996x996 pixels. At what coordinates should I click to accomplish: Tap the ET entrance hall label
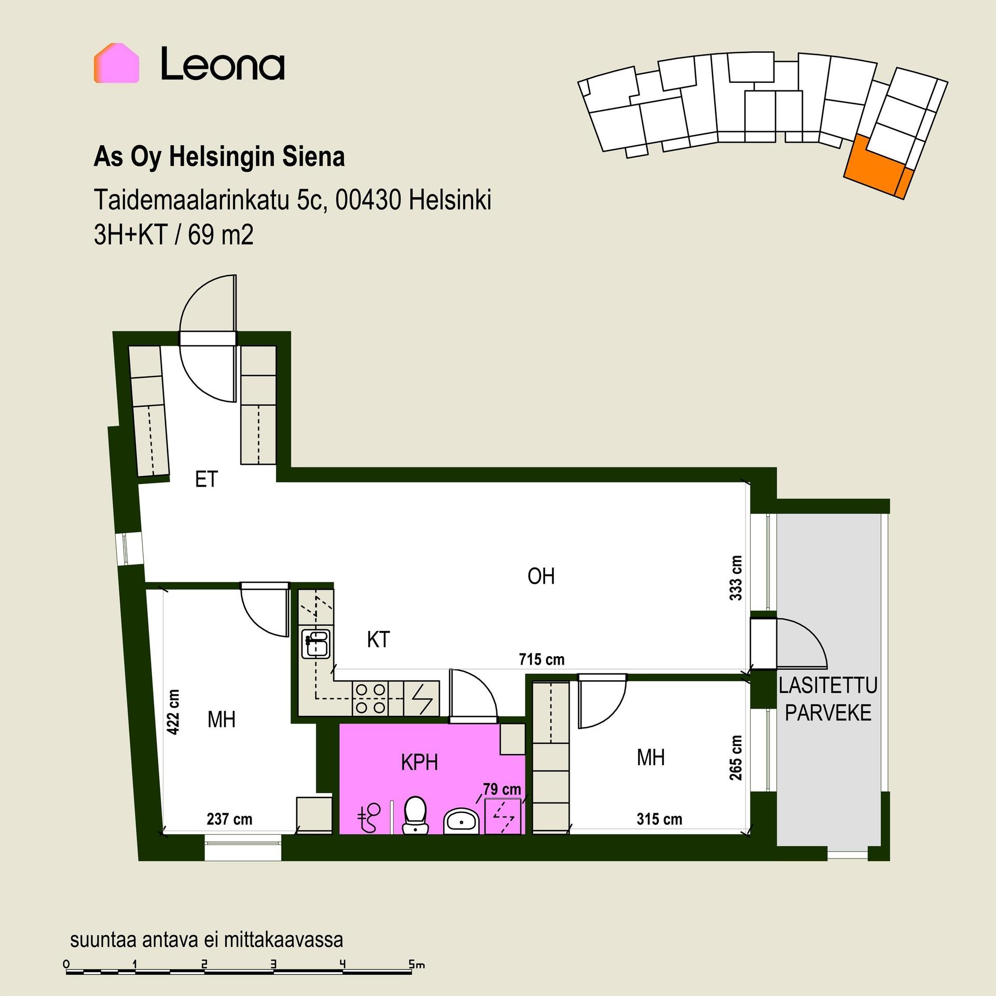click(x=206, y=480)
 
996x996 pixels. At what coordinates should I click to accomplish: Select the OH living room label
click(x=541, y=576)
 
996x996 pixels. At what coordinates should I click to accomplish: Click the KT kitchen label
click(x=378, y=640)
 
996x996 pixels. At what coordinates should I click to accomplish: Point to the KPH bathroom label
click(x=420, y=763)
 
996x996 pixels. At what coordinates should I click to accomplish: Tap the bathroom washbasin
click(x=461, y=821)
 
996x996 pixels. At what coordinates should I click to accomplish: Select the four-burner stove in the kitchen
click(x=370, y=699)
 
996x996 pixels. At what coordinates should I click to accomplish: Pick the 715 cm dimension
click(x=542, y=659)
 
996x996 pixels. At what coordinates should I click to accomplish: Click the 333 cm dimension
click(x=736, y=578)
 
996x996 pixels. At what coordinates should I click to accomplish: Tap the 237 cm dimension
click(x=229, y=819)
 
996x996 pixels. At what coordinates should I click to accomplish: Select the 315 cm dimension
click(x=659, y=819)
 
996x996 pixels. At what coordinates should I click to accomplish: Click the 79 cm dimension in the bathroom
click(x=502, y=789)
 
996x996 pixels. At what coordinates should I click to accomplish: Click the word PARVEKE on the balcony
click(x=828, y=713)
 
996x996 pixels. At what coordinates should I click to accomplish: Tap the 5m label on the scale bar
click(x=417, y=965)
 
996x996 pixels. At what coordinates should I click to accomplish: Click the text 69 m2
click(x=221, y=236)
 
